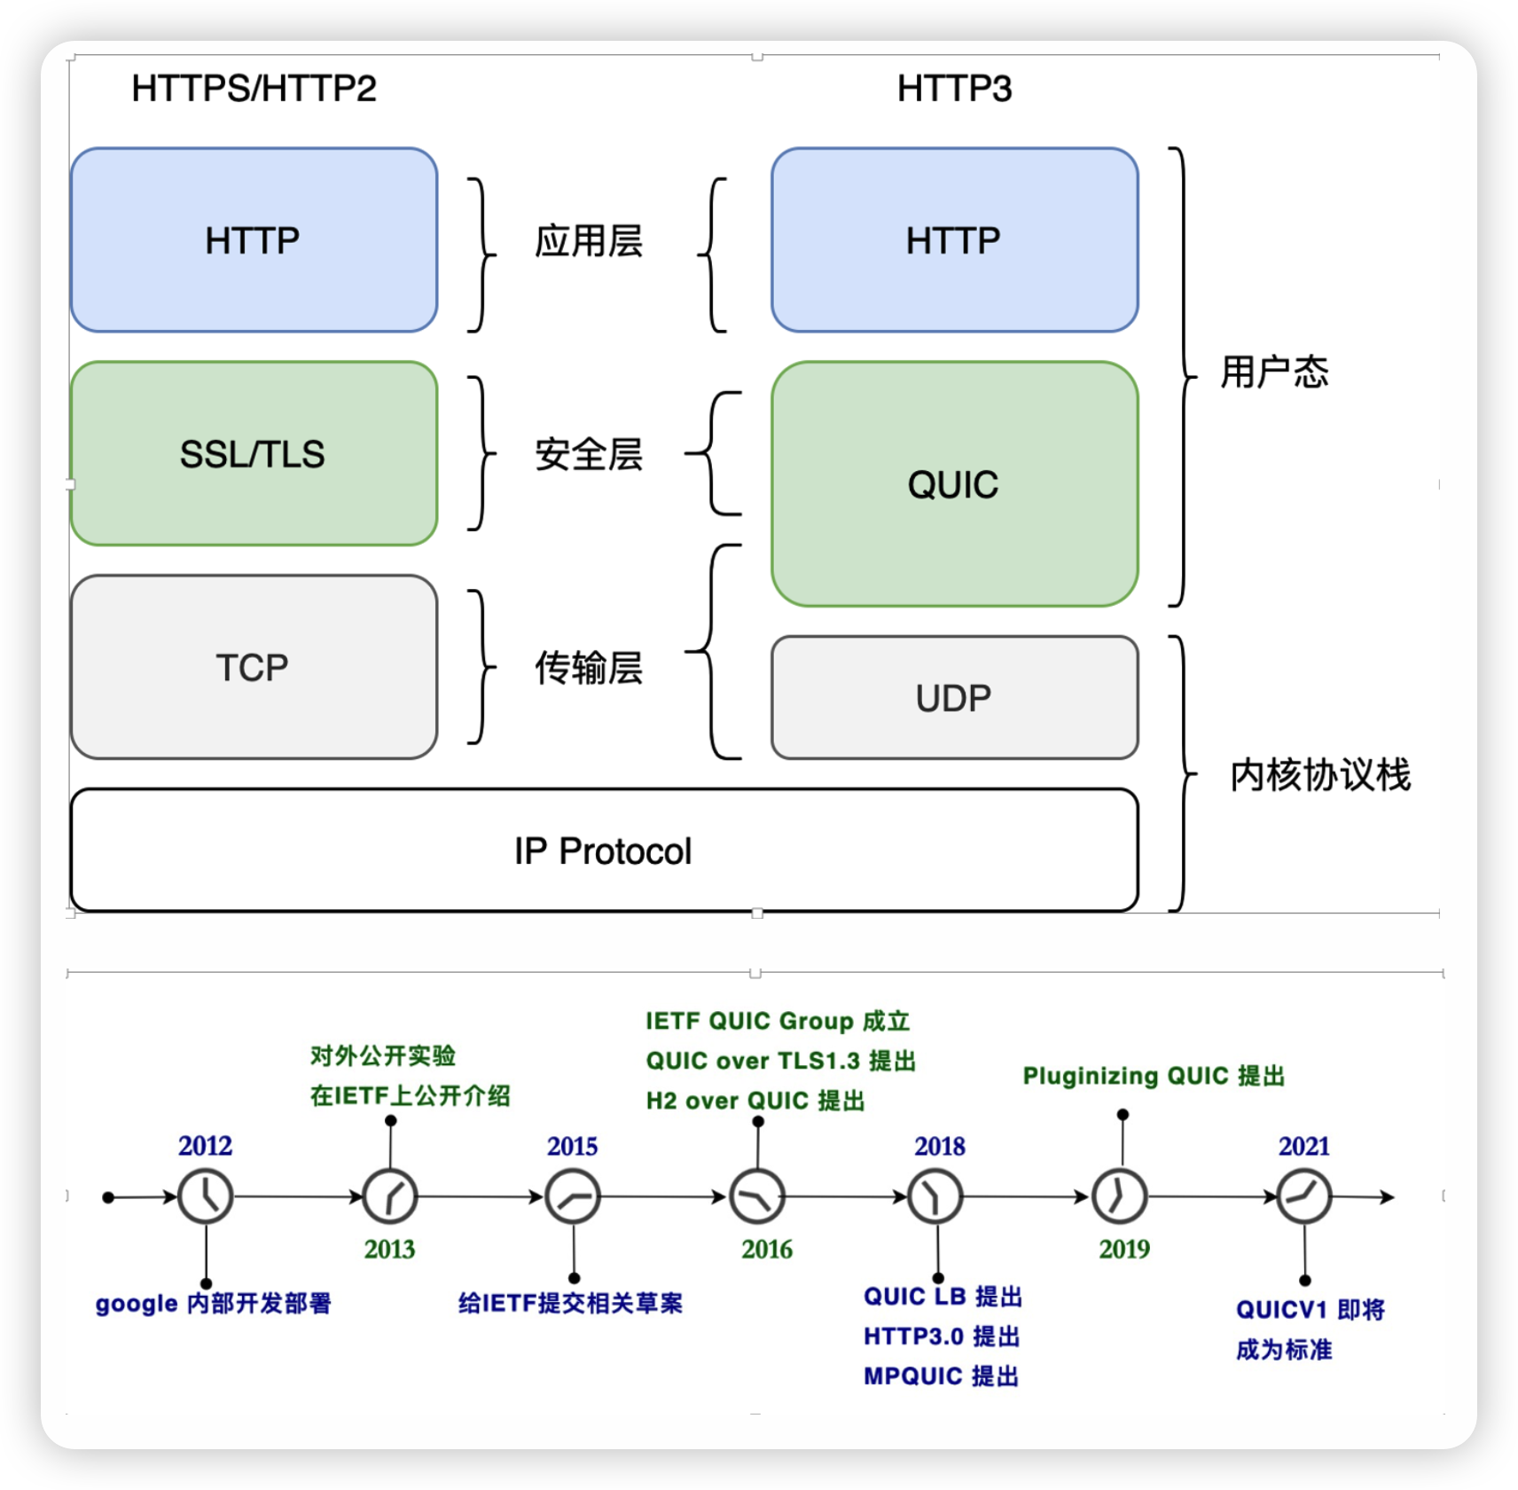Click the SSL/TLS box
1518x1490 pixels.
tap(254, 453)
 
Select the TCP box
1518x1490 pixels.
tap(254, 667)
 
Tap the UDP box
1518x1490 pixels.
tap(955, 697)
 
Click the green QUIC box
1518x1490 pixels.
tap(955, 484)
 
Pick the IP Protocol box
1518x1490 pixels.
tap(605, 850)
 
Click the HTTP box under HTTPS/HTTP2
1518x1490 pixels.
tap(254, 240)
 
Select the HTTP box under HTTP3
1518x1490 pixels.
tap(955, 240)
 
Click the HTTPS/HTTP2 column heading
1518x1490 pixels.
tap(254, 89)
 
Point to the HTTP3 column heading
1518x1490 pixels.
tap(955, 89)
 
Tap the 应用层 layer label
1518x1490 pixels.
tap(589, 241)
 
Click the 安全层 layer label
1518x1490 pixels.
tap(589, 455)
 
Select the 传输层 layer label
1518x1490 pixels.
tap(589, 668)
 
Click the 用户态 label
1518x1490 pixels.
tap(1275, 372)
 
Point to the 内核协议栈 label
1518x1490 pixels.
tap(1320, 775)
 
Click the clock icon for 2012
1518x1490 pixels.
tap(206, 1196)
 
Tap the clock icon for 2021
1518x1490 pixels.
tap(1303, 1196)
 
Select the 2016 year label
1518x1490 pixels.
tap(767, 1250)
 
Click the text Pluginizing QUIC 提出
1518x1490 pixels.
tap(1154, 1076)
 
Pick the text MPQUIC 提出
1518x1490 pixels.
tap(942, 1376)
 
